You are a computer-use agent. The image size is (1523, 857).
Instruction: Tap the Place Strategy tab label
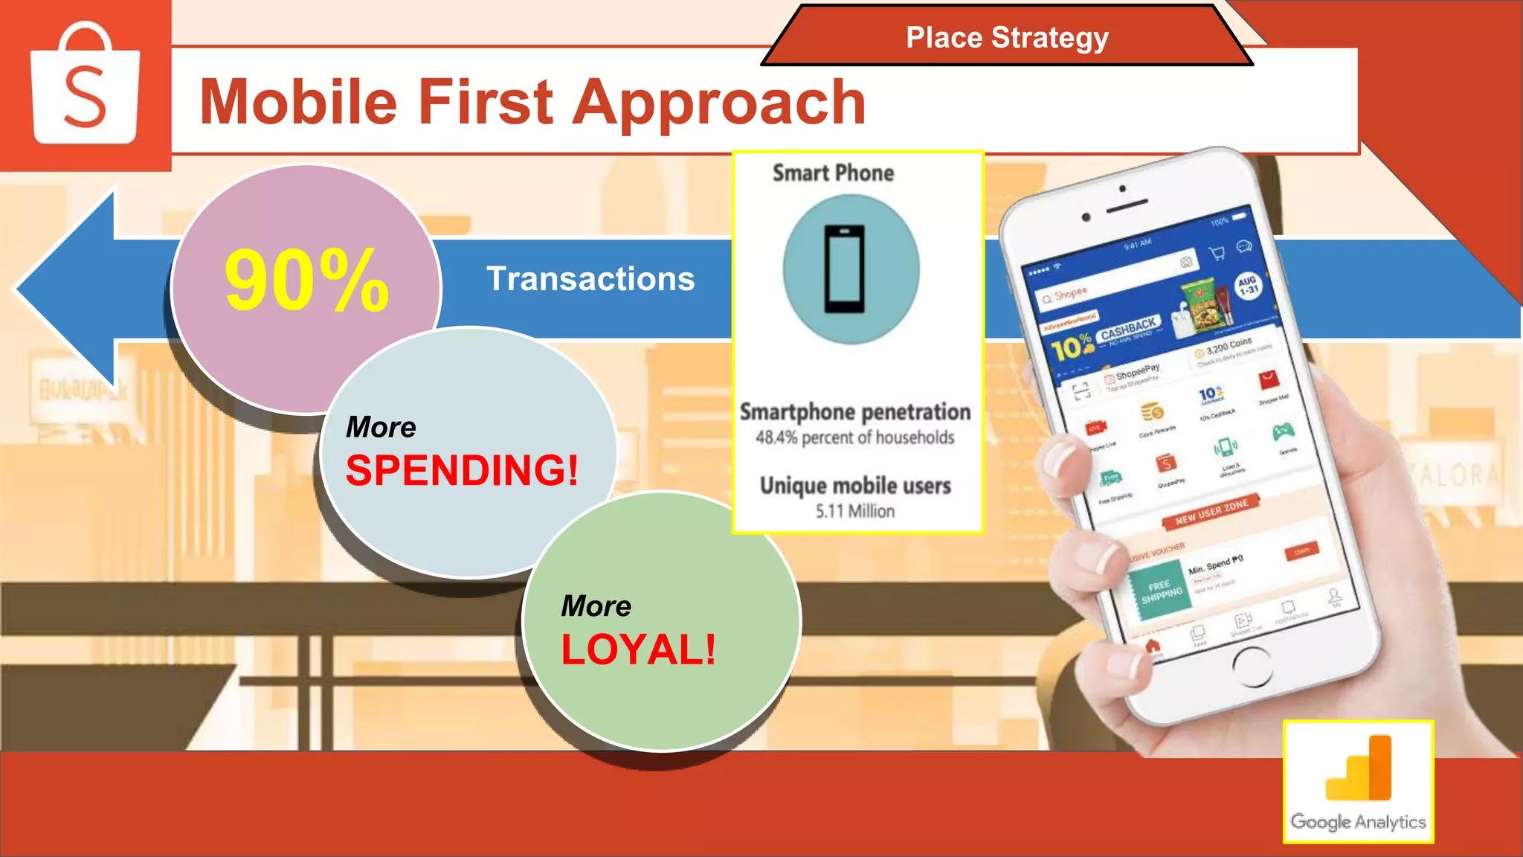point(1007,37)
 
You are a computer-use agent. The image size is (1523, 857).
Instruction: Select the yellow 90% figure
point(306,280)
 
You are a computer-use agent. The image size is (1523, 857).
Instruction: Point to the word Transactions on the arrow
point(590,279)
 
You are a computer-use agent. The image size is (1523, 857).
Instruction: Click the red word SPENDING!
point(462,471)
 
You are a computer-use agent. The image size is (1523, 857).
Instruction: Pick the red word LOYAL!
point(638,649)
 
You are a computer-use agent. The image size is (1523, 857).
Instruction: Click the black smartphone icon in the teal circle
point(845,269)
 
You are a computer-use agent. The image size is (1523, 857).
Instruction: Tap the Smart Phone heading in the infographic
point(833,173)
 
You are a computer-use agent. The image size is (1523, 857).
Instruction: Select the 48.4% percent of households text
point(855,437)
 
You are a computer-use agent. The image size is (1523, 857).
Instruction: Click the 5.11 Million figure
point(855,511)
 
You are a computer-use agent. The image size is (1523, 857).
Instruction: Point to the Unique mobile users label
point(855,486)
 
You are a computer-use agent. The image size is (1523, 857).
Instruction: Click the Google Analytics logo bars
point(1359,768)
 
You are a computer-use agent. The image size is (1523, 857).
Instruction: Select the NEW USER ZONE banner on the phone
point(1211,512)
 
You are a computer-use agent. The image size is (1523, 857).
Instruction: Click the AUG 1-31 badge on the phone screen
point(1248,286)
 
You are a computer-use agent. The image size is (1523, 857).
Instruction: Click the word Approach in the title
point(719,102)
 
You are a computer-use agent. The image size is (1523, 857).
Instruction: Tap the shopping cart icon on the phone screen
point(1217,254)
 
